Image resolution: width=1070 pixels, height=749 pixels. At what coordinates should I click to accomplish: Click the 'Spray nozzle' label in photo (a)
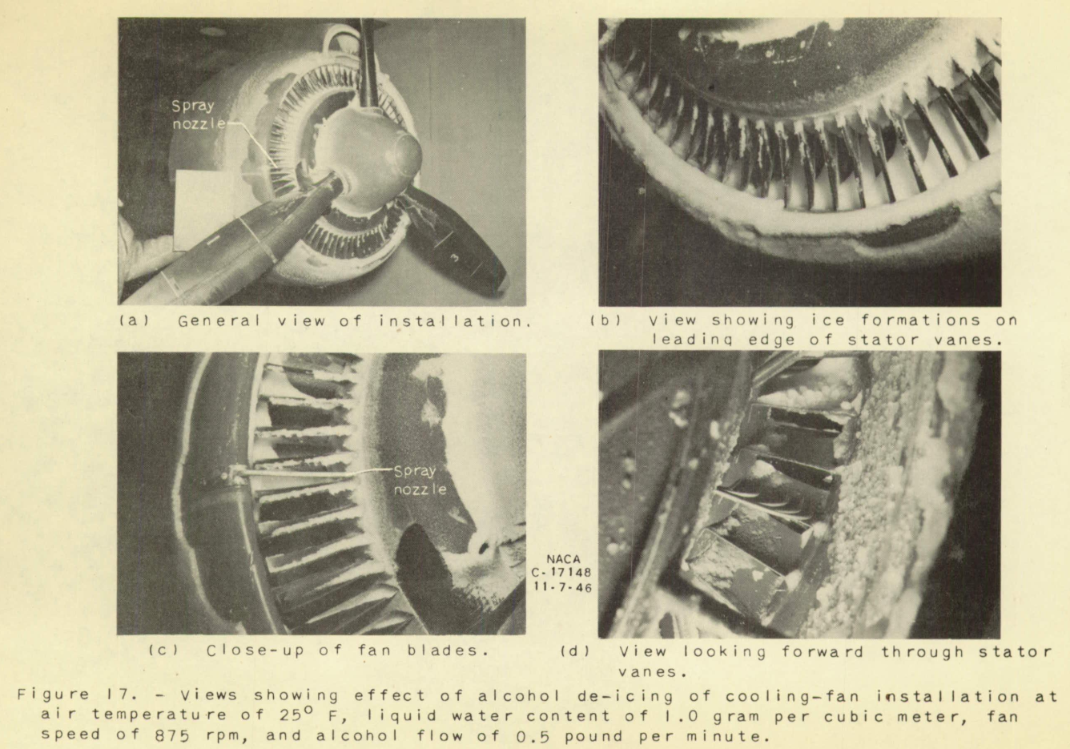click(193, 115)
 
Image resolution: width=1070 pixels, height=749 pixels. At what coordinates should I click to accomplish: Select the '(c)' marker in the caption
click(161, 650)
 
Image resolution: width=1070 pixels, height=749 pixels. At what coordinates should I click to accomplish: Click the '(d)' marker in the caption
click(573, 651)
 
